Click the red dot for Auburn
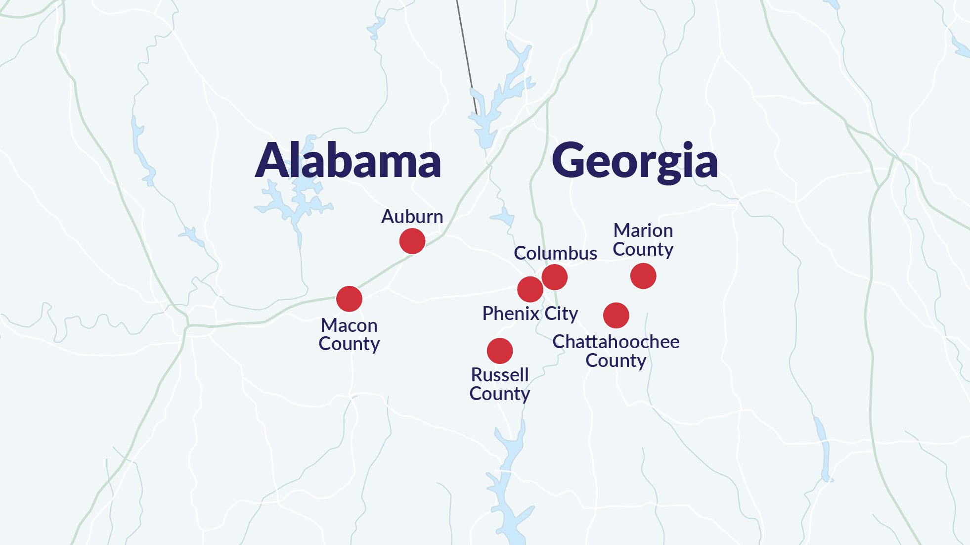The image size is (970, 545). (412, 241)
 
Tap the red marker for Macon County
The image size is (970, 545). (349, 299)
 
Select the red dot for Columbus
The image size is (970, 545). (554, 277)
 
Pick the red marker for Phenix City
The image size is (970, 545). (530, 289)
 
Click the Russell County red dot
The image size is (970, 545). (500, 351)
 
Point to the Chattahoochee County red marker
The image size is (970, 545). (616, 315)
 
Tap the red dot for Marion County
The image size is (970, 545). (643, 276)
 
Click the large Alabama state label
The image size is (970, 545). (348, 160)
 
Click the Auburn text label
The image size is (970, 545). (412, 217)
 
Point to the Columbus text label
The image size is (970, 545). (555, 253)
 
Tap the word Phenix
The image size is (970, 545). (511, 314)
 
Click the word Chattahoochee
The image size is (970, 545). (616, 342)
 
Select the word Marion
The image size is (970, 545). (643, 230)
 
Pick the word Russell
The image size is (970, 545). (500, 375)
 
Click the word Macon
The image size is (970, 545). (349, 325)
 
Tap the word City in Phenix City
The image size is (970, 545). (561, 314)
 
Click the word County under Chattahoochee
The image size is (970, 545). (616, 361)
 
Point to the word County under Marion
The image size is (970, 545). (643, 249)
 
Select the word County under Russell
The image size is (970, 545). (499, 394)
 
